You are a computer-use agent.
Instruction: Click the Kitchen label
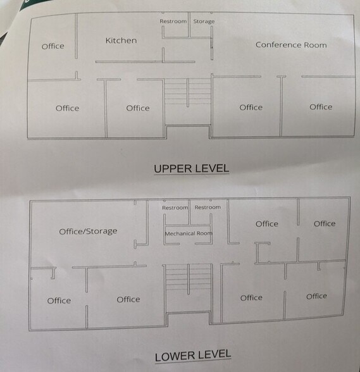pyautogui.click(x=121, y=40)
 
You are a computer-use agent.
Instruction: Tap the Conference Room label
pyautogui.click(x=291, y=45)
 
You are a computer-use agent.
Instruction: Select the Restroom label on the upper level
pyautogui.click(x=173, y=22)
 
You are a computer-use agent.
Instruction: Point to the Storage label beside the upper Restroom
pyautogui.click(x=203, y=22)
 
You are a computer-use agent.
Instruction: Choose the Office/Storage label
pyautogui.click(x=88, y=231)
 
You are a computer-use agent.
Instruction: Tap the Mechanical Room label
pyautogui.click(x=189, y=233)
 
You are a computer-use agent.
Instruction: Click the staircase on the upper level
pyautogui.click(x=187, y=92)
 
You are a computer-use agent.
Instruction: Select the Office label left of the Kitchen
pyautogui.click(x=53, y=46)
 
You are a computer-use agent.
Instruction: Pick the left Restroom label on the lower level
pyautogui.click(x=175, y=208)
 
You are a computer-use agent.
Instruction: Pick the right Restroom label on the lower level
pyautogui.click(x=208, y=208)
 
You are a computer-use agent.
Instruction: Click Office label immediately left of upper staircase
pyautogui.click(x=138, y=108)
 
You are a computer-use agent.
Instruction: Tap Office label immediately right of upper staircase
pyautogui.click(x=251, y=108)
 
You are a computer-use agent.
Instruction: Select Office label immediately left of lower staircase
pyautogui.click(x=128, y=299)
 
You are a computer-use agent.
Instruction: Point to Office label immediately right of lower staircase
pyautogui.click(x=251, y=297)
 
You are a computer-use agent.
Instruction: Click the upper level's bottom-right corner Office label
pyautogui.click(x=321, y=107)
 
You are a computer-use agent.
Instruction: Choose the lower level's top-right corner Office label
pyautogui.click(x=325, y=223)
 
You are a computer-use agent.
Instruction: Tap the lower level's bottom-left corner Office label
pyautogui.click(x=59, y=301)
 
